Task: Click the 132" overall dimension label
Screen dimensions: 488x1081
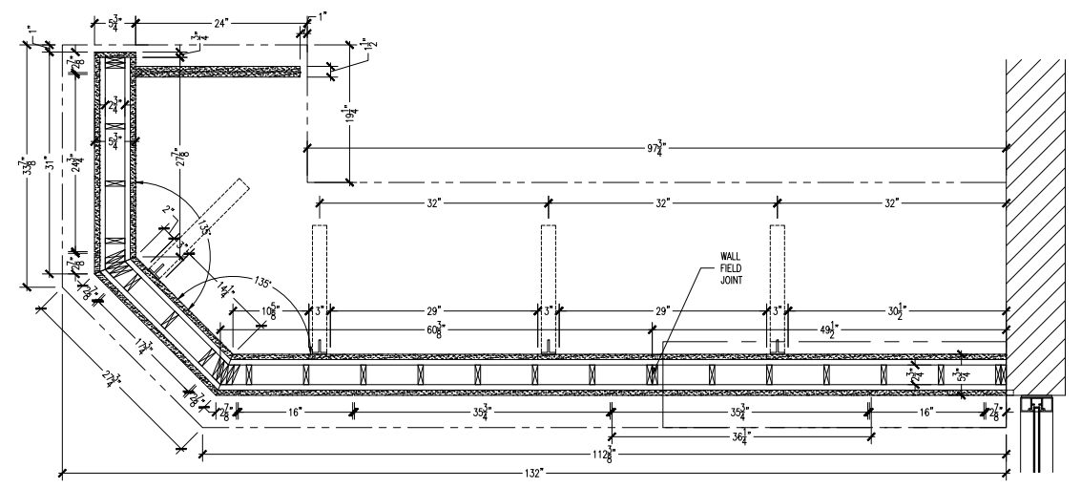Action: click(x=533, y=473)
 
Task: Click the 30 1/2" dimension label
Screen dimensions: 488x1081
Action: click(x=893, y=310)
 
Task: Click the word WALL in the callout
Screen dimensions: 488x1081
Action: click(x=732, y=256)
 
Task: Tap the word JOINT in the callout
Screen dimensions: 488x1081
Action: click(x=732, y=281)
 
